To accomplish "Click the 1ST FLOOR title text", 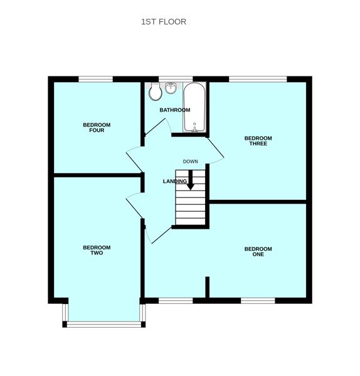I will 164,22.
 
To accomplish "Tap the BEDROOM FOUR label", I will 97,128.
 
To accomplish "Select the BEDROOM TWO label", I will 97,250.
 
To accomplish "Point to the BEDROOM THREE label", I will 258,141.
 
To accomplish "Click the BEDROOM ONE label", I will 258,252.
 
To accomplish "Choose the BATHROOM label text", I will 174,110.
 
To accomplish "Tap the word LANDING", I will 175,182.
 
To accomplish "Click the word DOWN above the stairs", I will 190,162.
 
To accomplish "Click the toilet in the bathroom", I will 156,93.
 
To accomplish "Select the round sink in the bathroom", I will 171,88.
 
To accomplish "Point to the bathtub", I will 194,107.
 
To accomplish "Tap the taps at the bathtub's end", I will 194,128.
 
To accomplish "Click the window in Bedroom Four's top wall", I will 95,79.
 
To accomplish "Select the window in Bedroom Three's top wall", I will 258,79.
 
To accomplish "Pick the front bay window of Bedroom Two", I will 104,324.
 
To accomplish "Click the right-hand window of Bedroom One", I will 258,301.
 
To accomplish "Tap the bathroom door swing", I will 159,126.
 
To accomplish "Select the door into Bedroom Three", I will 215,150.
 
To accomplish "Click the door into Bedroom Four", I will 135,159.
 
